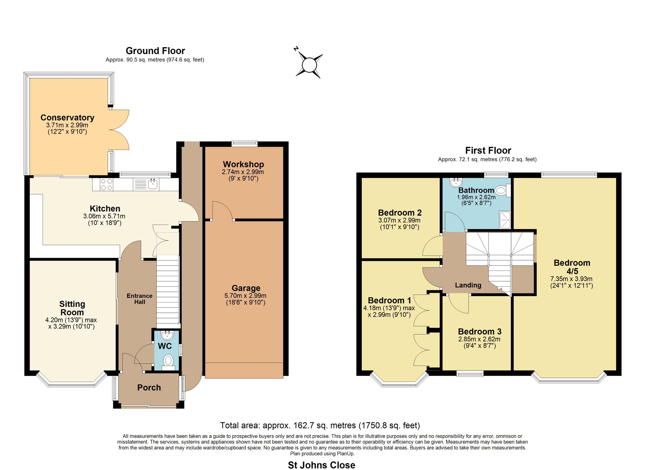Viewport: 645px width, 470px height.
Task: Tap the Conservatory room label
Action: click(x=68, y=117)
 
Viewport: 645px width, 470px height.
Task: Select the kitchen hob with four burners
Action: click(x=107, y=184)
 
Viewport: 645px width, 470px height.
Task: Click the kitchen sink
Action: click(x=153, y=184)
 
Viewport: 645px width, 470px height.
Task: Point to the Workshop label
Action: click(x=243, y=164)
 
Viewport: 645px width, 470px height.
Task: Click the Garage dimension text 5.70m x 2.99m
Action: click(x=245, y=296)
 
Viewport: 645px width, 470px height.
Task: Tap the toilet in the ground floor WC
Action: click(x=169, y=362)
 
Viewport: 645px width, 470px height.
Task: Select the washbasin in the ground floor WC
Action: click(x=167, y=335)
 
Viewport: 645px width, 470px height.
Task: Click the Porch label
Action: click(x=149, y=388)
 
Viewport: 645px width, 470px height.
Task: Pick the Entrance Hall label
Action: click(x=140, y=299)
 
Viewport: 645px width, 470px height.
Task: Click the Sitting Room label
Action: click(x=72, y=308)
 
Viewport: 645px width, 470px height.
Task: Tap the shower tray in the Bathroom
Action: click(x=505, y=220)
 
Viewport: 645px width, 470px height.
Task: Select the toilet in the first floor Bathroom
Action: click(x=503, y=191)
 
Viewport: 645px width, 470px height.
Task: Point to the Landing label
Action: click(x=468, y=285)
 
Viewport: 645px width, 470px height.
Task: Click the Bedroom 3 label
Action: click(x=479, y=332)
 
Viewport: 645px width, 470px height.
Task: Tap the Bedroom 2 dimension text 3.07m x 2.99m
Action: click(x=399, y=220)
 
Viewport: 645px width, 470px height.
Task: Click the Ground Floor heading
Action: click(x=155, y=51)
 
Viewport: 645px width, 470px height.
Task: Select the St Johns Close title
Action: click(x=322, y=465)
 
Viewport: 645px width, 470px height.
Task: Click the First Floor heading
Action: click(x=488, y=150)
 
